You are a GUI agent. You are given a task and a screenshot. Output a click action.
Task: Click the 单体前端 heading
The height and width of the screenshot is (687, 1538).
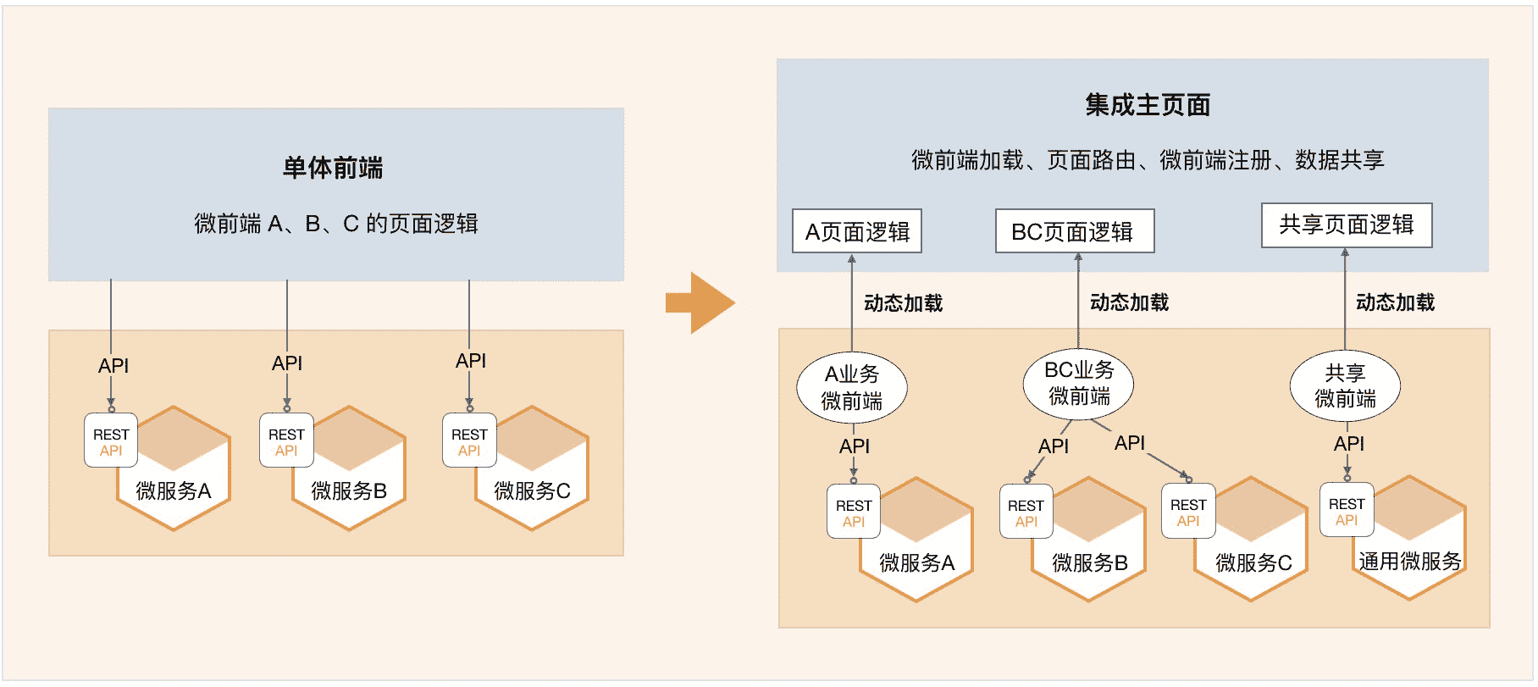(x=333, y=168)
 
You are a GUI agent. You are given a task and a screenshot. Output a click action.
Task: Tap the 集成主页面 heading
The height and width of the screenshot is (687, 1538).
(x=1148, y=105)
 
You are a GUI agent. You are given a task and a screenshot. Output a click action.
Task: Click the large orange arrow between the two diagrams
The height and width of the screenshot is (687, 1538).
(x=700, y=302)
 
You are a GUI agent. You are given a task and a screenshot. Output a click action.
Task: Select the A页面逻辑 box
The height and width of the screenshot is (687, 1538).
(x=857, y=231)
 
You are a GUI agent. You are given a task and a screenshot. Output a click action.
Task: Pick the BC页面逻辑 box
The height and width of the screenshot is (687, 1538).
(x=1074, y=231)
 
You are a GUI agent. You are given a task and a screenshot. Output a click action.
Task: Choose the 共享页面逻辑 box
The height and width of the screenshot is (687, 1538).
(x=1346, y=224)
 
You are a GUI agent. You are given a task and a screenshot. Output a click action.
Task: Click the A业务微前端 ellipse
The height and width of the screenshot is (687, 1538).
(x=852, y=388)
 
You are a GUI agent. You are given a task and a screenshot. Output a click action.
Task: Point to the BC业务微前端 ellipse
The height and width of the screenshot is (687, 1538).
(x=1078, y=383)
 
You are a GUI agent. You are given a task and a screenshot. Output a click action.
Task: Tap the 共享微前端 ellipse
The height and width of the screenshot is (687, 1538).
(x=1345, y=385)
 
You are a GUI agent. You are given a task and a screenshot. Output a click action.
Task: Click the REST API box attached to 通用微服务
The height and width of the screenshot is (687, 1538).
(x=1347, y=511)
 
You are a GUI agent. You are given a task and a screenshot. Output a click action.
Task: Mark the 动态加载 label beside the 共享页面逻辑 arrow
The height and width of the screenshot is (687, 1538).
(x=1395, y=302)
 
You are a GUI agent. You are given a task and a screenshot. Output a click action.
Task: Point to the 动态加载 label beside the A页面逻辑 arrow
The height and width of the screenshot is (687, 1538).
(x=903, y=303)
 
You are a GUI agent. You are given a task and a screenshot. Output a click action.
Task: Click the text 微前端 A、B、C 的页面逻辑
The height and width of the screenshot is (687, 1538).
(x=336, y=224)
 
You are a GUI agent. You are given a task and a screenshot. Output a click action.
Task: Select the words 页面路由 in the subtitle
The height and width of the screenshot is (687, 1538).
(x=1091, y=160)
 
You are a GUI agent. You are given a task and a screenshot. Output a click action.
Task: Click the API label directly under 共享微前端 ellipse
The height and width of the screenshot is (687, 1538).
(x=1349, y=444)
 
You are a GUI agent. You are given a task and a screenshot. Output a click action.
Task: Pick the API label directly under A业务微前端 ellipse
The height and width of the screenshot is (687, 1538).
(x=855, y=446)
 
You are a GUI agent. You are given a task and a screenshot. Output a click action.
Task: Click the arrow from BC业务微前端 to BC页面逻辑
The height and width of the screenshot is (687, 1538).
(x=1078, y=301)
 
